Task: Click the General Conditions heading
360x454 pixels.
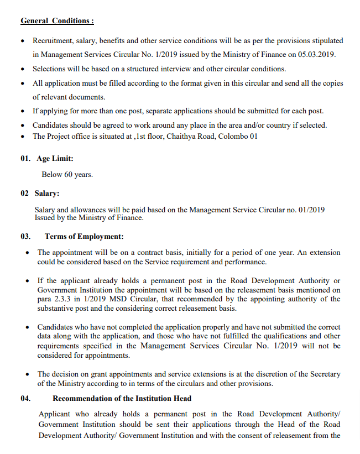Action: point(57,21)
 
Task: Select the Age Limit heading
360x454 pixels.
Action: point(55,159)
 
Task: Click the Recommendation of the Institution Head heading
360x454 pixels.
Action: point(122,398)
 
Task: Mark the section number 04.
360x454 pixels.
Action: point(26,398)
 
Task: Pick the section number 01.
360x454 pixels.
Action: point(26,159)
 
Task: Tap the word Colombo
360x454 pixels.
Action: point(232,137)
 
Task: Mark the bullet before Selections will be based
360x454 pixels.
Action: point(22,70)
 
